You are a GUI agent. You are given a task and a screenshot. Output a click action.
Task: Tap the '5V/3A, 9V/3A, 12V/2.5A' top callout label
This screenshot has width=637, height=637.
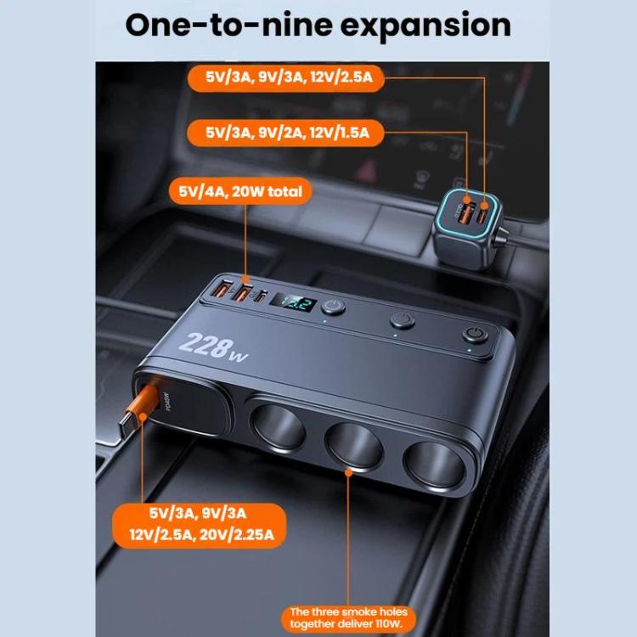[x=295, y=78]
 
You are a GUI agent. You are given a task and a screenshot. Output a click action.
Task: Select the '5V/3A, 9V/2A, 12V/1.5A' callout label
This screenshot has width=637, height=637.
[x=295, y=132]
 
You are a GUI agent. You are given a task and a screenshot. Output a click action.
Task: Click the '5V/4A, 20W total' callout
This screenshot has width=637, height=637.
[x=240, y=192]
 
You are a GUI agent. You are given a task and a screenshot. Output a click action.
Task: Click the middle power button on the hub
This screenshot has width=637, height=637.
[x=401, y=321]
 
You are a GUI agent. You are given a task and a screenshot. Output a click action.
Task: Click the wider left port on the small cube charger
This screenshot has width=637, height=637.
[x=464, y=211]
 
